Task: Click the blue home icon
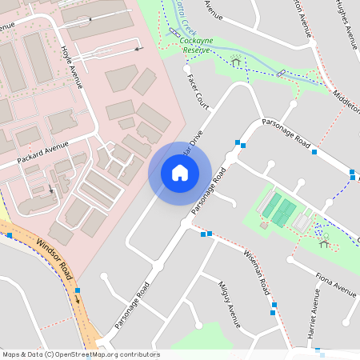click(180, 173)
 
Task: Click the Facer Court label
click(197, 93)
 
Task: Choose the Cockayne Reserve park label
click(195, 45)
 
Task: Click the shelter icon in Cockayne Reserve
click(236, 61)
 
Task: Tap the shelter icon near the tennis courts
click(323, 240)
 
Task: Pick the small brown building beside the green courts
click(265, 225)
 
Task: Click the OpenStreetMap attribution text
click(80, 354)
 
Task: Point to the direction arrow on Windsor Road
click(78, 298)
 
